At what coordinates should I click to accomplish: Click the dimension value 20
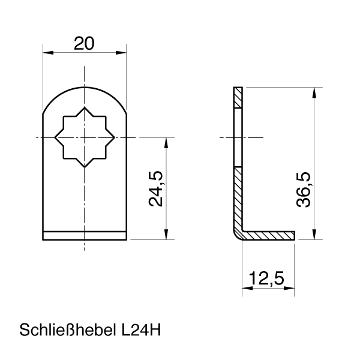(x=85, y=43)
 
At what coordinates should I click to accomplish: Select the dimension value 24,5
(x=157, y=188)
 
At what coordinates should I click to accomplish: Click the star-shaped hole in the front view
(x=85, y=137)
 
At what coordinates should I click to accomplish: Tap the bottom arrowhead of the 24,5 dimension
(x=165, y=235)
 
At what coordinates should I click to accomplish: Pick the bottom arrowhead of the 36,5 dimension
(x=314, y=235)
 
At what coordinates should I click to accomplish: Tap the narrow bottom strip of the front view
(x=85, y=236)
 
